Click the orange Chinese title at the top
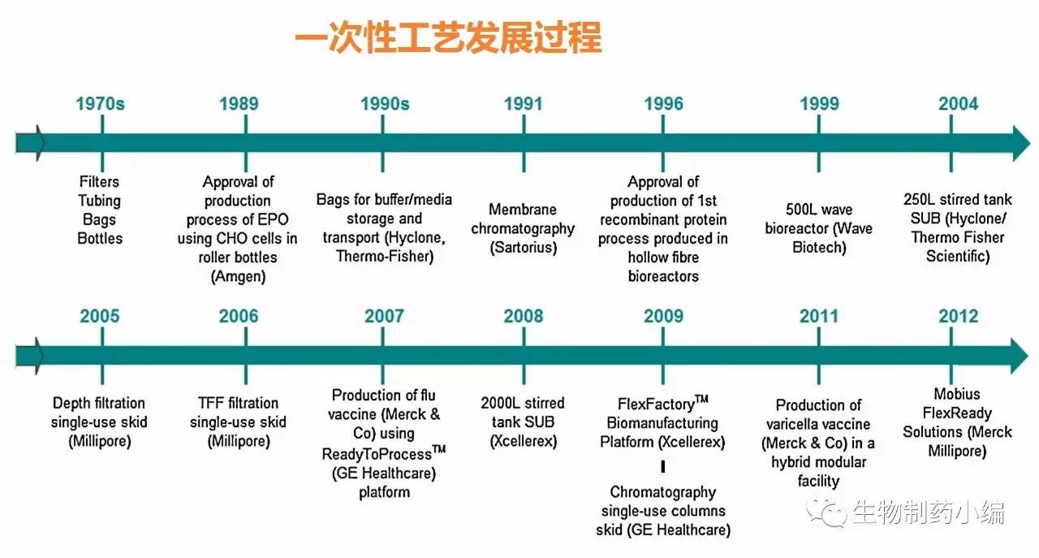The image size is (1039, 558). pos(448,37)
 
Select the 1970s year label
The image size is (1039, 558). pos(100,103)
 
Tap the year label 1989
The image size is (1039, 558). pos(239,103)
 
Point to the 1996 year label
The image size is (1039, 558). pos(664,103)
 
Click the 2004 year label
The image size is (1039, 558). pos(959,103)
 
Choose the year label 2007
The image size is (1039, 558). pos(384,316)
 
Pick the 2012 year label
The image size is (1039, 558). pos(959,316)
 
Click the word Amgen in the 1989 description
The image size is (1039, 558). pos(239,277)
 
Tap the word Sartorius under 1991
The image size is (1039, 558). pos(524,248)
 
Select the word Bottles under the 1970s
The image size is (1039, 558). pos(100,238)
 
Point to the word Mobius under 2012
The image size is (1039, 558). pos(957,394)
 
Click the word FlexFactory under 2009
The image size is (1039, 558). pos(657,404)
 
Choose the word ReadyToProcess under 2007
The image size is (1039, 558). pos(377,454)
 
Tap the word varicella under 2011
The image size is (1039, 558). pos(795,424)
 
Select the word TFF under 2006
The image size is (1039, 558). pos(210,403)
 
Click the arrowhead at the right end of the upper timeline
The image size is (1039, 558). pos(1021,143)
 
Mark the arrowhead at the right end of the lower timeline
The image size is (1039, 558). pos(1020,356)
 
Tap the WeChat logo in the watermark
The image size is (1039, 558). pos(826,513)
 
